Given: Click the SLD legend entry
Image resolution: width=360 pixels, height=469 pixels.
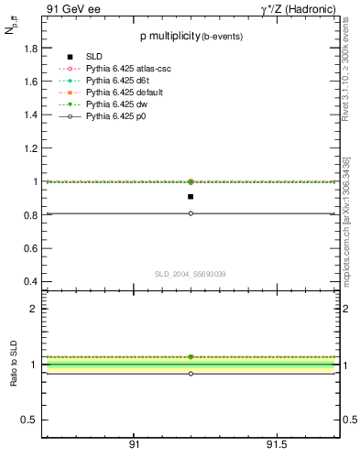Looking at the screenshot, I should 93,57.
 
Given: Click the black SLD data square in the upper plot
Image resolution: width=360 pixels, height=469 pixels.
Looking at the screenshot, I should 191,196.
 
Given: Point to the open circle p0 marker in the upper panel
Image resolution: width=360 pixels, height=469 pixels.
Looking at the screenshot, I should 191,213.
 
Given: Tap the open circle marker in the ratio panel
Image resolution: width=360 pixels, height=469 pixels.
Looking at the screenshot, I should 191,374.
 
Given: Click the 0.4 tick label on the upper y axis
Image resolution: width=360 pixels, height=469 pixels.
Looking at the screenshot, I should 30,281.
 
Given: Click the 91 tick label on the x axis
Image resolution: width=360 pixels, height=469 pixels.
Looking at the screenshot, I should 134,444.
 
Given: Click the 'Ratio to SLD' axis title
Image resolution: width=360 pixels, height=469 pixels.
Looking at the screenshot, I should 13,365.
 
